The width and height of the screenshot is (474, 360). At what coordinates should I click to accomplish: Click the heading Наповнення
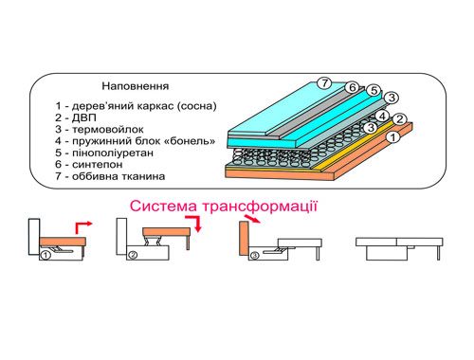(136, 86)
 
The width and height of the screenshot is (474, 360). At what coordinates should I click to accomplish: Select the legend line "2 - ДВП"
(76, 117)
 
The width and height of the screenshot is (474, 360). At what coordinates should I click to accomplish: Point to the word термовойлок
(108, 130)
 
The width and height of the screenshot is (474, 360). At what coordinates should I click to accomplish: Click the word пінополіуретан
(113, 153)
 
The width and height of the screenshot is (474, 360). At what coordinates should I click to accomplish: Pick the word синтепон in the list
(98, 165)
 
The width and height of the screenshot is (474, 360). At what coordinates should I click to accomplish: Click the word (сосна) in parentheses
(196, 106)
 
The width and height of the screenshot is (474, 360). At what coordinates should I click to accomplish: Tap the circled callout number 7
(324, 83)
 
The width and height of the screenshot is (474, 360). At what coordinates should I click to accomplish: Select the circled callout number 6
(352, 87)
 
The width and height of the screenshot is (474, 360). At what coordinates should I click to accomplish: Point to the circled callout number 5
(374, 91)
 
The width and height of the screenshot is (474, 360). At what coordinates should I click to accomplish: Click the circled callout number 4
(382, 117)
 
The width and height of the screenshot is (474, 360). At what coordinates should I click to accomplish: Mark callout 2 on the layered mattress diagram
(400, 119)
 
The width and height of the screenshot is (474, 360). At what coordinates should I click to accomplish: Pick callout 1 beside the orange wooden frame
(393, 137)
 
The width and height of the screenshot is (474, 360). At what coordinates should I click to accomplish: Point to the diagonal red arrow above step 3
(252, 219)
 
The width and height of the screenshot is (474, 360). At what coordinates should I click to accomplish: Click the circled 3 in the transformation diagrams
(255, 255)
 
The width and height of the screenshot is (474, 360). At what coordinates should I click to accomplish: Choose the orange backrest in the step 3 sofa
(245, 239)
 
